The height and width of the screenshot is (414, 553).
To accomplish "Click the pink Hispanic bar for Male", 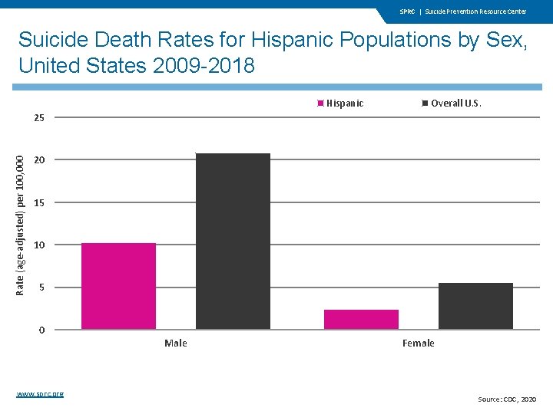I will pyautogui.click(x=118, y=286).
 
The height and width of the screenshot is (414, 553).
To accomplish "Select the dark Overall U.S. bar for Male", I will pyautogui.click(x=233, y=242).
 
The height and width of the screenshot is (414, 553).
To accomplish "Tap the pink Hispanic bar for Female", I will pyautogui.click(x=361, y=319).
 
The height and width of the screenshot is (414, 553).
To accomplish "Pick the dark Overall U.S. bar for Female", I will pyautogui.click(x=475, y=306).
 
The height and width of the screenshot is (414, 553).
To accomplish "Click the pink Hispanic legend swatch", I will pyautogui.click(x=322, y=103).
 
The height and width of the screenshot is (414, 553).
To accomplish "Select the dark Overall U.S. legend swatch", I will pyautogui.click(x=426, y=103).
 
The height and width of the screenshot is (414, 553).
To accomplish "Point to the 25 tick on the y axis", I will pyautogui.click(x=39, y=118).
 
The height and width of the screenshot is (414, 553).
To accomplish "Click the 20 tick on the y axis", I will pyautogui.click(x=39, y=160).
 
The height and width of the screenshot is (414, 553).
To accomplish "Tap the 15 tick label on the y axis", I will pyautogui.click(x=39, y=203).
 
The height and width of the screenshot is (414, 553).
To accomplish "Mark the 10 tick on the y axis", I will pyautogui.click(x=39, y=245).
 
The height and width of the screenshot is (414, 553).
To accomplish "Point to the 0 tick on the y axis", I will pyautogui.click(x=42, y=330).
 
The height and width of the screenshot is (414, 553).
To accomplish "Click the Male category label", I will pyautogui.click(x=176, y=343).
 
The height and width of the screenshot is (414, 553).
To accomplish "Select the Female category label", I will pyautogui.click(x=418, y=343).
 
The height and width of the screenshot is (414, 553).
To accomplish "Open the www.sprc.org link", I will pyautogui.click(x=40, y=393).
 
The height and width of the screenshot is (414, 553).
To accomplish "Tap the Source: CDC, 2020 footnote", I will pyautogui.click(x=508, y=399).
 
